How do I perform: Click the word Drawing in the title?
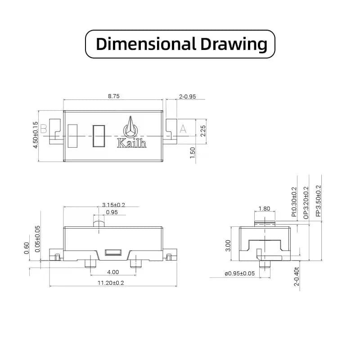pyautogui.click(x=234, y=44)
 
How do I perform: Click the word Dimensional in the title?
pyautogui.click(x=145, y=44)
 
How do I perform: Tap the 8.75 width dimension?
pyautogui.click(x=114, y=96)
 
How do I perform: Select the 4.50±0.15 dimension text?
pyautogui.click(x=36, y=135)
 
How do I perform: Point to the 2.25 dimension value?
pyautogui.click(x=203, y=131)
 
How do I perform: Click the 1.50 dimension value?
pyautogui.click(x=193, y=153)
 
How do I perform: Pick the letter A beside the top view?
pyautogui.click(x=183, y=129)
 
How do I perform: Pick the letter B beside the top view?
pyautogui.click(x=44, y=129)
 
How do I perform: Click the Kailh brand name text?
pyautogui.click(x=131, y=143)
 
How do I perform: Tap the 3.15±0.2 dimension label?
pyautogui.click(x=114, y=205)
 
